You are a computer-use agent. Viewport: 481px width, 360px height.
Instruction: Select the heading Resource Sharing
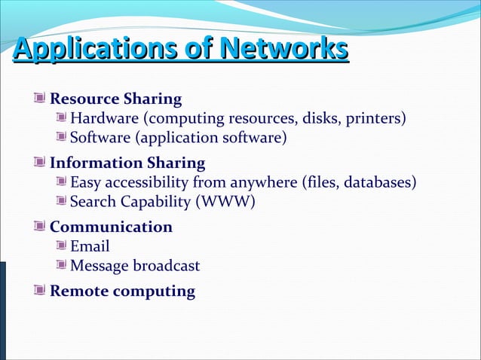pos(115,99)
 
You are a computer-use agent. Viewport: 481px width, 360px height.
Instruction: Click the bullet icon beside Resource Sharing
pos(39,98)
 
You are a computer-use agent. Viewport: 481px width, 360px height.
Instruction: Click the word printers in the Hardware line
pos(378,118)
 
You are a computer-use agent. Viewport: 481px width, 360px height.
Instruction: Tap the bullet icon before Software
pos(62,137)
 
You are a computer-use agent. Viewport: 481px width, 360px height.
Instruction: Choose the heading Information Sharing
pos(127,163)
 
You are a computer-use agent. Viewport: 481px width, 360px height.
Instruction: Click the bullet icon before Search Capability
pos(62,201)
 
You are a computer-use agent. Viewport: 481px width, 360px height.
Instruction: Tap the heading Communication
pos(111,227)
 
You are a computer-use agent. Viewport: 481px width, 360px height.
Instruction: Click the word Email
pos(90,246)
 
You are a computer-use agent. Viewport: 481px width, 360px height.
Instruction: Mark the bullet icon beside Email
pos(62,246)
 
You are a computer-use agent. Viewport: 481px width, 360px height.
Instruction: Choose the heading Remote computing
pos(122,291)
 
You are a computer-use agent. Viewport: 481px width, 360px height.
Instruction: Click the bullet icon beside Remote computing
pos(39,291)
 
